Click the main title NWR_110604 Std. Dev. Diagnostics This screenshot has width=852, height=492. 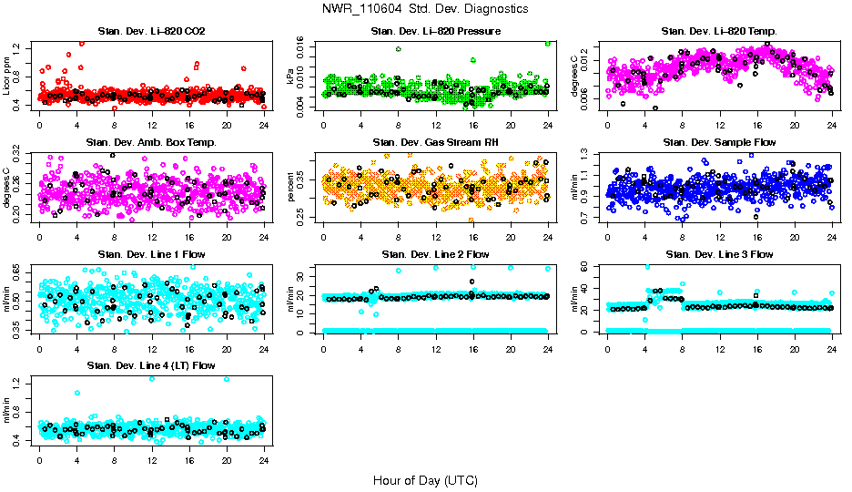pos(425,9)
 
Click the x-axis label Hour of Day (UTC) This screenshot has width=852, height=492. pos(425,479)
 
